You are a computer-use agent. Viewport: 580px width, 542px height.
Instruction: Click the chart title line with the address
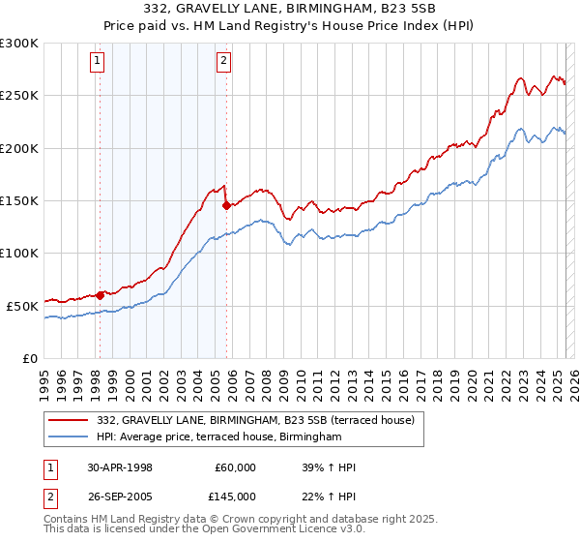(290, 9)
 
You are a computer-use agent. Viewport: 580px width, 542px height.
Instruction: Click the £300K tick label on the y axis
(19, 44)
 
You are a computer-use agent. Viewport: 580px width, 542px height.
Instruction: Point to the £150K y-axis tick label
(19, 200)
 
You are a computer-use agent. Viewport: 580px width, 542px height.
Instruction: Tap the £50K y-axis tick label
(22, 306)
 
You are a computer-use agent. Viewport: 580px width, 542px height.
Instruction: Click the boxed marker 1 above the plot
(99, 61)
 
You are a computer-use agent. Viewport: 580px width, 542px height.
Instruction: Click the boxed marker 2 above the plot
(224, 61)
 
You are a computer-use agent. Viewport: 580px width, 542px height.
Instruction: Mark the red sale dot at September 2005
(226, 205)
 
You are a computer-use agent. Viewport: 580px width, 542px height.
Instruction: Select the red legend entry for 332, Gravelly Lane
(255, 420)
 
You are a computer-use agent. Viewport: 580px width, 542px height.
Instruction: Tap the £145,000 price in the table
(236, 497)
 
